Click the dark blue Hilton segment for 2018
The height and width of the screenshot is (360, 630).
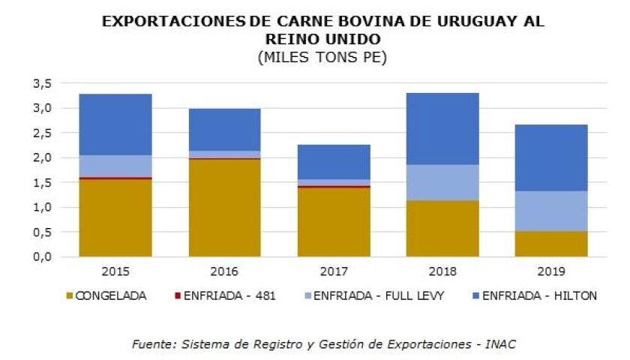click(x=442, y=128)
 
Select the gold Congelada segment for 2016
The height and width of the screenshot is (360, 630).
click(x=224, y=208)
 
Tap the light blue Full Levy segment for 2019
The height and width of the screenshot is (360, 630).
click(x=551, y=211)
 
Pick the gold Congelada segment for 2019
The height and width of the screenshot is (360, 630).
click(x=551, y=244)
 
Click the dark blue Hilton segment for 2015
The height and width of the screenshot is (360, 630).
click(x=115, y=124)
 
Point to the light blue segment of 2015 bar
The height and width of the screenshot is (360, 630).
click(x=115, y=166)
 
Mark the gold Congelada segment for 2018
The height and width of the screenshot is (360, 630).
click(x=442, y=228)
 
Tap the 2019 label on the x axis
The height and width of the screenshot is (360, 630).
click(x=551, y=271)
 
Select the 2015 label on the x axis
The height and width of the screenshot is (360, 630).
click(x=115, y=271)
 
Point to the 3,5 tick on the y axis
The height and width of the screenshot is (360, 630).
click(x=42, y=83)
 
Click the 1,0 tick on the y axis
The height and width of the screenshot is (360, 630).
click(x=42, y=207)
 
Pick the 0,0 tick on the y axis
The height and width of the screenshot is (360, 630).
click(x=42, y=256)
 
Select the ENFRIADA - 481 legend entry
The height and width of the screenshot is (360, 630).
click(x=232, y=295)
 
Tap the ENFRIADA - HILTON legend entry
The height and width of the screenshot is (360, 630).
click(x=533, y=295)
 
